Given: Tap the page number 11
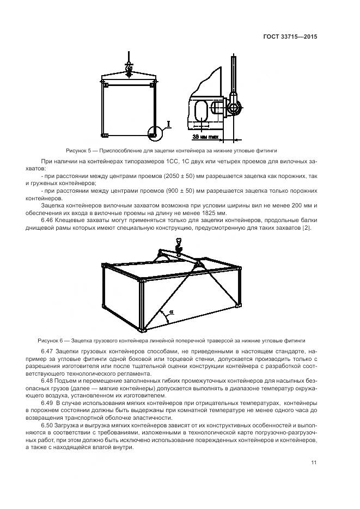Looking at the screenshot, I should coord(314,463).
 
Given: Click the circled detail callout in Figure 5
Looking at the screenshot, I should coord(155,132).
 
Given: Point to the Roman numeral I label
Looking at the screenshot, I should coord(169,125).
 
